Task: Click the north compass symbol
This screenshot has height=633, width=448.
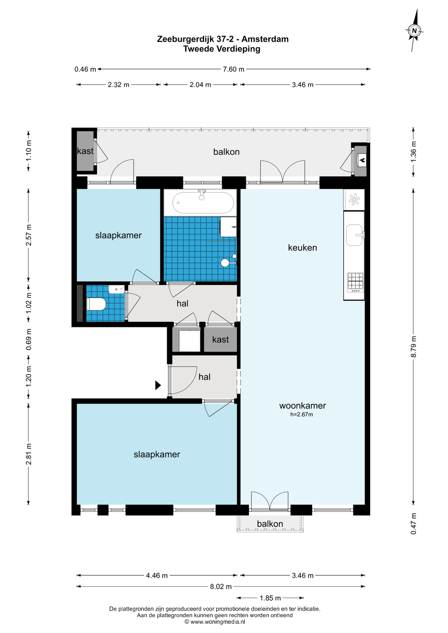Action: click(x=414, y=31)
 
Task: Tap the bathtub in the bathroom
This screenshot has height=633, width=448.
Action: click(x=203, y=202)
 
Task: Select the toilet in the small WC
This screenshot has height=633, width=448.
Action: click(x=96, y=304)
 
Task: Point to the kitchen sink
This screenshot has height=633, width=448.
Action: click(x=354, y=235)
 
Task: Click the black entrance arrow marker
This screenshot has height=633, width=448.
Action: click(x=158, y=385)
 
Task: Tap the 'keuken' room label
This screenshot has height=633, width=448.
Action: click(x=302, y=248)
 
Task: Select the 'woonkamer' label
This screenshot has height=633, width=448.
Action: click(x=302, y=406)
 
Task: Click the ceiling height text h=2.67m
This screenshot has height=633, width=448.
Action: click(x=302, y=414)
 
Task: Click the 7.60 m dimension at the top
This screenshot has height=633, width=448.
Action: click(x=234, y=69)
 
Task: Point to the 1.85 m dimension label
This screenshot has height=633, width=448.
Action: click(x=270, y=598)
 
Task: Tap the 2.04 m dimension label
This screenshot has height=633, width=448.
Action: click(x=200, y=85)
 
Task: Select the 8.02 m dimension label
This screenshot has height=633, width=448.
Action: click(x=221, y=587)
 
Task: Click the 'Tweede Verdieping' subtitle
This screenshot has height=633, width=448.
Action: click(x=222, y=49)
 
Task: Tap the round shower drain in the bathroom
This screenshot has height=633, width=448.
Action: click(x=225, y=263)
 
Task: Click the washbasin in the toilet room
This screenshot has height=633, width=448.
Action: click(x=117, y=290)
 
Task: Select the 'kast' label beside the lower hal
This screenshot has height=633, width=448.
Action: click(x=220, y=339)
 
